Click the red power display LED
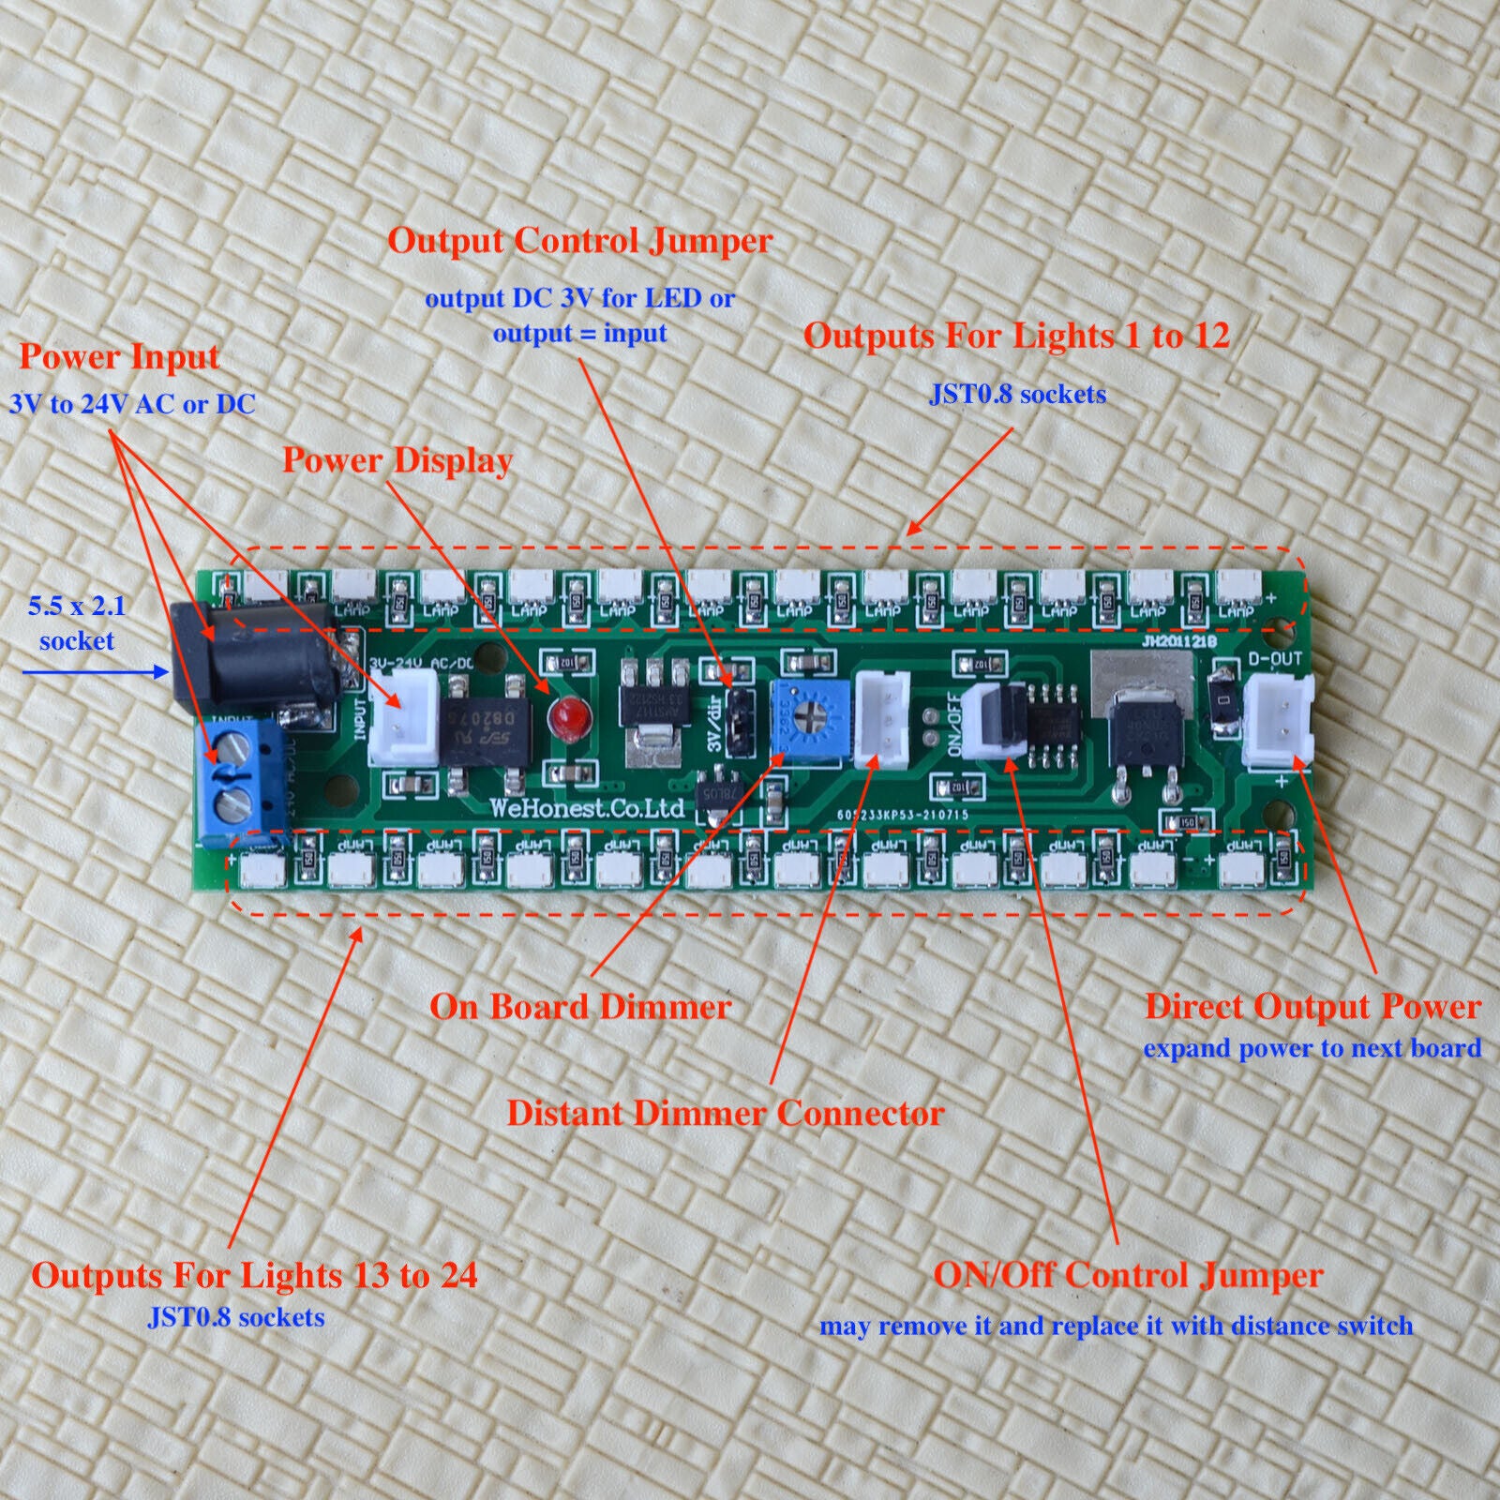point(565,717)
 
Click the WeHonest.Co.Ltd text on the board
point(588,808)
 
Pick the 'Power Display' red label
point(397,460)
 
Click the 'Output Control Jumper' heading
point(580,241)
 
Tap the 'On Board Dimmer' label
point(580,1007)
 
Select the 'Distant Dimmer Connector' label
point(725,1113)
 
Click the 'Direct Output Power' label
point(1312,1007)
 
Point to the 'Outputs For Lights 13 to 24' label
point(254,1275)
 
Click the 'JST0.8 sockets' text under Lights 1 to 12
point(1017,394)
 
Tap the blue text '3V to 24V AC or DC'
point(132,404)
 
